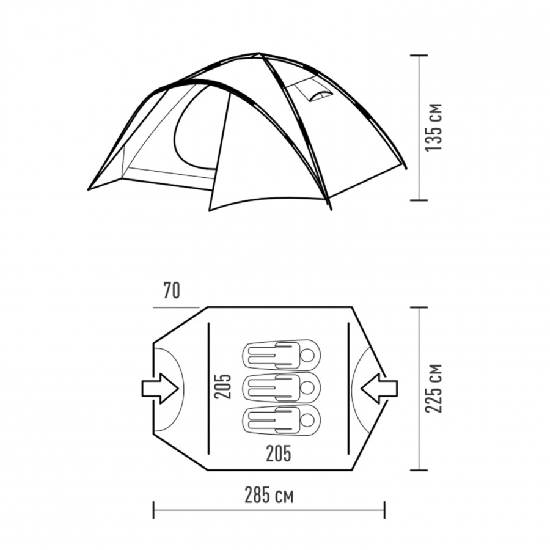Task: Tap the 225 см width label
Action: (434, 388)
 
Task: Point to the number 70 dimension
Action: (172, 291)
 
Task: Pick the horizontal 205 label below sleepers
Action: (278, 453)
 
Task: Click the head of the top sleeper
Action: (307, 355)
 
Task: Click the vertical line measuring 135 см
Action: (419, 127)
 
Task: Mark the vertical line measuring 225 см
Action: (419, 388)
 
